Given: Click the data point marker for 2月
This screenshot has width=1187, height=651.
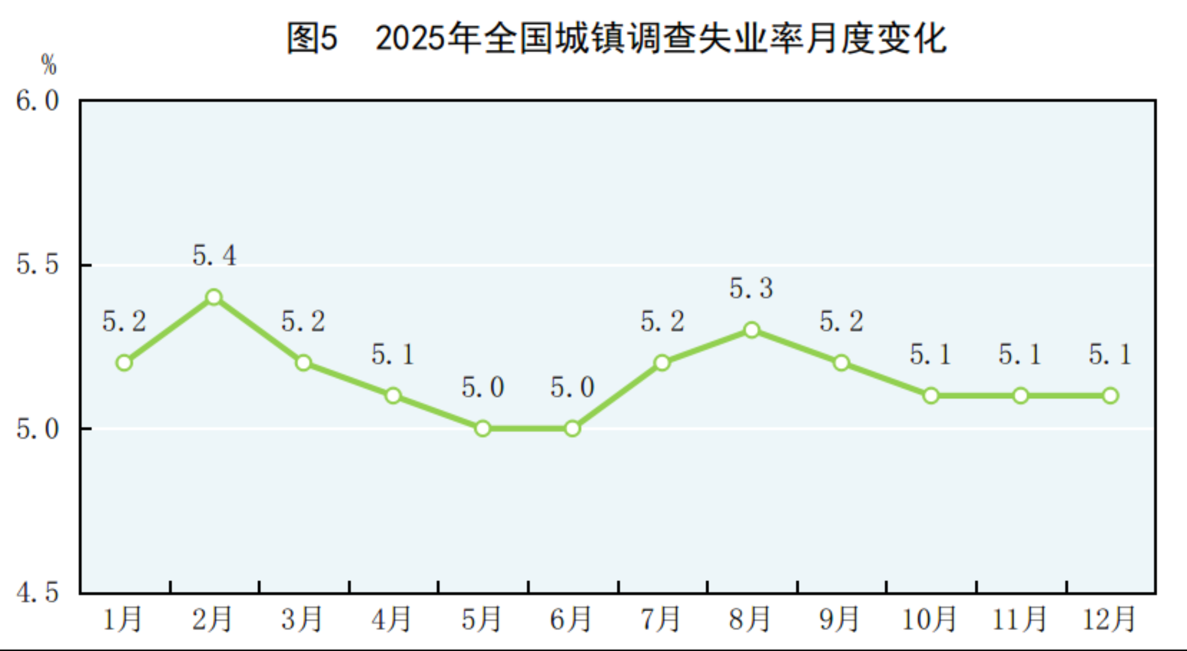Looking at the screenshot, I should tap(213, 297).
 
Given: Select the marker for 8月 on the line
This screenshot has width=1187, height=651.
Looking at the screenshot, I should tap(752, 330).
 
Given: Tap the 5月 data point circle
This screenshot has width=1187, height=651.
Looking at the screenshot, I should tap(483, 429).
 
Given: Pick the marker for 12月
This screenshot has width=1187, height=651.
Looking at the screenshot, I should tap(1110, 396).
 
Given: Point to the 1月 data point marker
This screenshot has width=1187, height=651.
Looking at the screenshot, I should tap(124, 363).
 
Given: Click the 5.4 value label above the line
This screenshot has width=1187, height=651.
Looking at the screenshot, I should tap(214, 256).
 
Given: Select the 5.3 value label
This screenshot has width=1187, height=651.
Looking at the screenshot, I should tap(751, 289).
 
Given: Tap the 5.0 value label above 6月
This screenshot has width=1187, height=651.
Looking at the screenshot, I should tap(572, 387).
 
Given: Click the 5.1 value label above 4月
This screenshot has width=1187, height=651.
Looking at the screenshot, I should tap(393, 355).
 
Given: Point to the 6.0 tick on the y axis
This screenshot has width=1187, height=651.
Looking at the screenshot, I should tap(37, 101).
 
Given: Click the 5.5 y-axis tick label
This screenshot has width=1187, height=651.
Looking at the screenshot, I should tap(37, 265).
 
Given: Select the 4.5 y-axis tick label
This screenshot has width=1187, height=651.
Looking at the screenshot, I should tap(37, 592).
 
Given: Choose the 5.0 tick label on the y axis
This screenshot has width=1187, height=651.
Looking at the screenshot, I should tap(37, 429).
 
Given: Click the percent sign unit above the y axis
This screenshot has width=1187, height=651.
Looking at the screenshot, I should tap(49, 65).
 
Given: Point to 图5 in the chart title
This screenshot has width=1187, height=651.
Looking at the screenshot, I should tap(312, 38).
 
